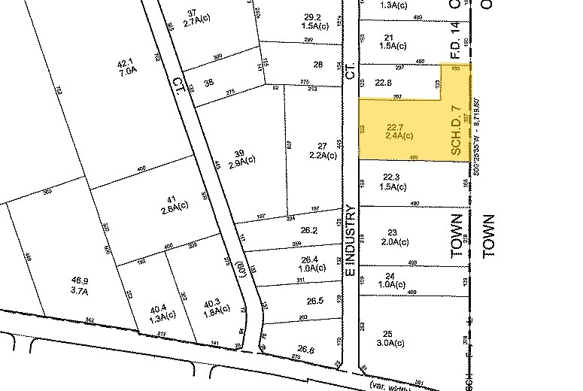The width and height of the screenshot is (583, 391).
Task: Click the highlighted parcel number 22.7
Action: [x=396, y=126]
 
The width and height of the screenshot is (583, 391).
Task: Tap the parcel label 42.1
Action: [x=125, y=63]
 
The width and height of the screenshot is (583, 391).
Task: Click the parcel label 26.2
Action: [x=309, y=231]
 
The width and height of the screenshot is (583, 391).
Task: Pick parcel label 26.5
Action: [x=315, y=302]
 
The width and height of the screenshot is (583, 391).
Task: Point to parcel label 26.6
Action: [x=305, y=349]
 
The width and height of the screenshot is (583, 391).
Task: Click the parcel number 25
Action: [x=388, y=333]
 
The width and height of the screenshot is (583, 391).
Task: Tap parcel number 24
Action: [x=390, y=275]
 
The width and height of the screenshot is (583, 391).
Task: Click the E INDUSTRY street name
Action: [x=351, y=240]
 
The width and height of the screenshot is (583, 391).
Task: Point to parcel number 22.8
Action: [x=384, y=83]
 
